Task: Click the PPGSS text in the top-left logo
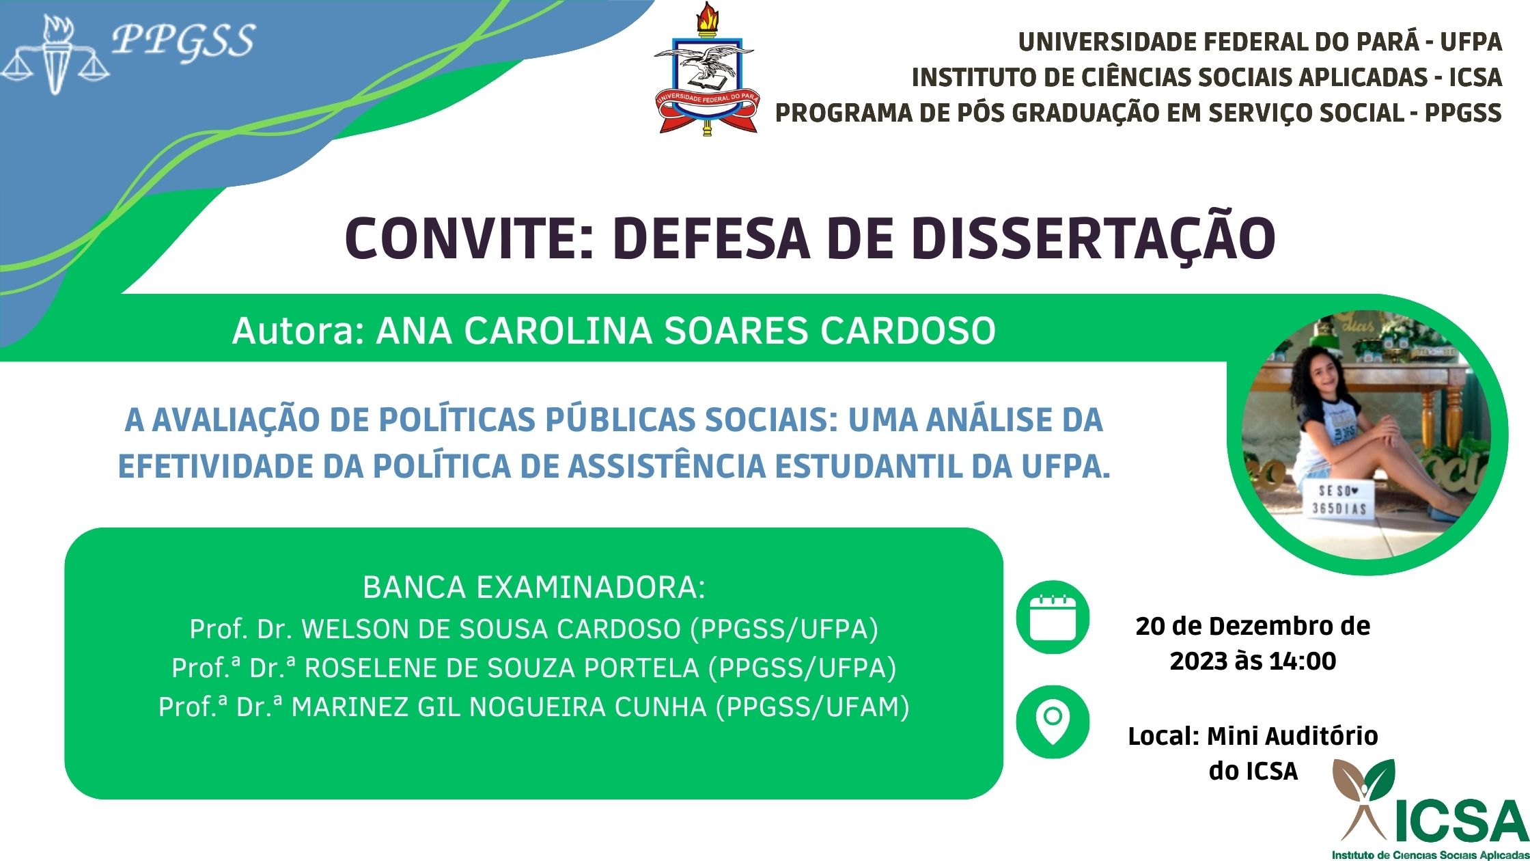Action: point(183,41)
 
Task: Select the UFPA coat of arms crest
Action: point(706,68)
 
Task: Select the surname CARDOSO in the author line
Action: point(908,331)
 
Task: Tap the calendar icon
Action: point(1053,617)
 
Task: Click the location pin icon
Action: point(1053,722)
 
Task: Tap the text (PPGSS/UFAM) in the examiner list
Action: point(812,707)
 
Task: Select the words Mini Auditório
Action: point(1292,736)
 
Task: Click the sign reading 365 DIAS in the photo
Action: point(1339,508)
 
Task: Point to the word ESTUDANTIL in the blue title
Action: point(891,466)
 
